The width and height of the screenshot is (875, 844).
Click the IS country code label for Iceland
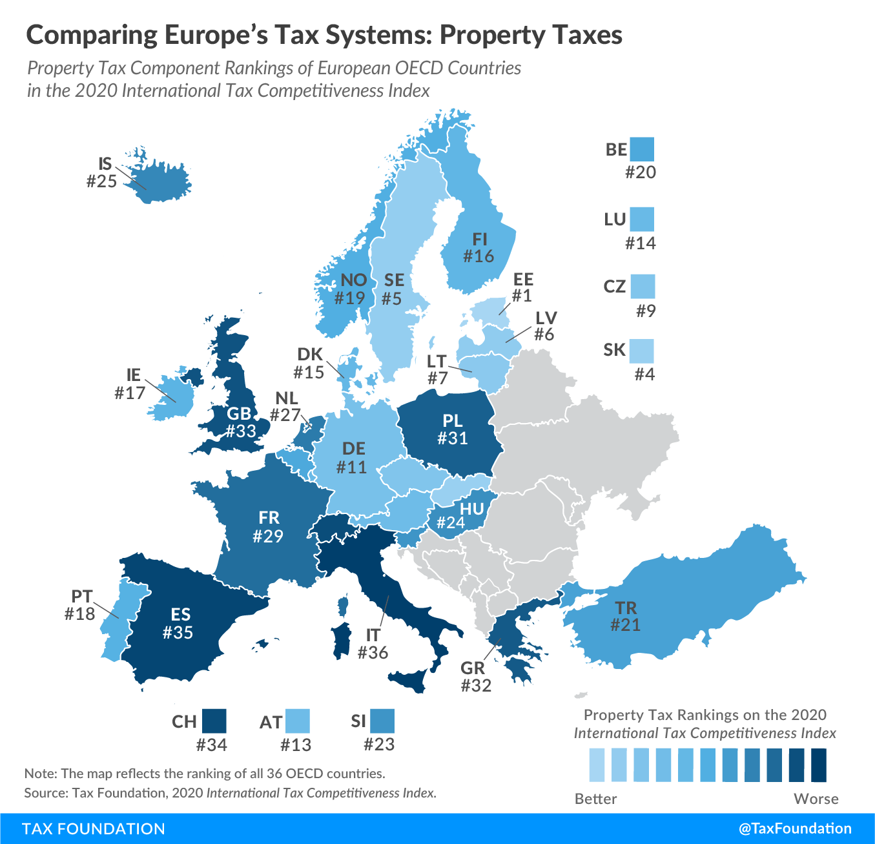point(105,163)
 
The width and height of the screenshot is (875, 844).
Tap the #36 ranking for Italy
point(373,653)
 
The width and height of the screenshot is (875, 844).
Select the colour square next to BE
point(642,149)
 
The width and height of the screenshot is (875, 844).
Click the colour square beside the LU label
point(642,219)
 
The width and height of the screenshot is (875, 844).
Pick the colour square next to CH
point(214,721)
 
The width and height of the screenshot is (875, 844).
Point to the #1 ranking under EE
point(521,296)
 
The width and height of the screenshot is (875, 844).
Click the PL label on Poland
point(453,420)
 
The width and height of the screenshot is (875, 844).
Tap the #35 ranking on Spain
point(178,632)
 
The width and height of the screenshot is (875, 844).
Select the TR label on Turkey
point(626,608)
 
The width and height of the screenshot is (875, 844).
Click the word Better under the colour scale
point(595,799)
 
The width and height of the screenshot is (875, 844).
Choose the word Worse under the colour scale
point(816,799)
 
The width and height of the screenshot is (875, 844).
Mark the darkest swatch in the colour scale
point(818,765)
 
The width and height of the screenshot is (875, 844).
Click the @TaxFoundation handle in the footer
point(795,829)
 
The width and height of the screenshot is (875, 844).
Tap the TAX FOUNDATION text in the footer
point(94,829)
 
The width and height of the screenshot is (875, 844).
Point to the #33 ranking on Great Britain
point(241,431)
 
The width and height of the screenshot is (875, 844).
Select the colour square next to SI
point(382,721)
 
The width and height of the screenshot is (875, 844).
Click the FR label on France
point(269,517)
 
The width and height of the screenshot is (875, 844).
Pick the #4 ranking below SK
point(644,375)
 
